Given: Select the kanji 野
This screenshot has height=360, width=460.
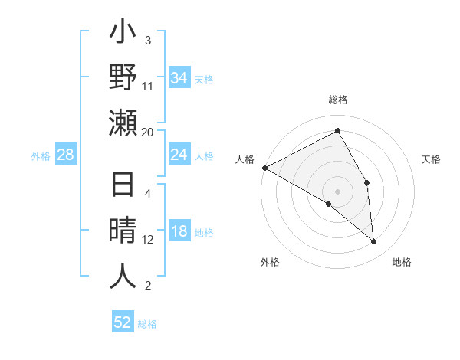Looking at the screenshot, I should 123,78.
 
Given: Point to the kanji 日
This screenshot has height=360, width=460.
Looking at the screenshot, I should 123,185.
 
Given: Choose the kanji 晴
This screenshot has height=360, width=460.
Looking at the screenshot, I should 123,231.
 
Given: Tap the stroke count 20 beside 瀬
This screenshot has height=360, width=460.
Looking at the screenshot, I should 148,132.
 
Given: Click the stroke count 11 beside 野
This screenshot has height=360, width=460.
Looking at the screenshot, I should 148,86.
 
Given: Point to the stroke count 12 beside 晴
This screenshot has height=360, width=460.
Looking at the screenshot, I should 148,240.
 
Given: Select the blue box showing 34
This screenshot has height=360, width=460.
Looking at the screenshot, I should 179,78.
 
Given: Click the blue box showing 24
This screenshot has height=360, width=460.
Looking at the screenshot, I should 179,155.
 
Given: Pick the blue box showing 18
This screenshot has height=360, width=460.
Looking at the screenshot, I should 179,232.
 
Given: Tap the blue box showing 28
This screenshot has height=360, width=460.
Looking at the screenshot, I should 66,155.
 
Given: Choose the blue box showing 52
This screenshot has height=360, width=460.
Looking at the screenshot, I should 123,322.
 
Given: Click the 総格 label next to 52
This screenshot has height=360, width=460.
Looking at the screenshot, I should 147,324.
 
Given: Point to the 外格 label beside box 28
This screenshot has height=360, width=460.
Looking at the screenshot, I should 41,156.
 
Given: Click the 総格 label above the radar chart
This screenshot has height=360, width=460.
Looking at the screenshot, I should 337,100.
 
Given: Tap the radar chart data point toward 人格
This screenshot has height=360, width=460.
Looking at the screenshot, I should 264,167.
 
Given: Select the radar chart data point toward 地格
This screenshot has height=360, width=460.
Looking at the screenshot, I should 373,242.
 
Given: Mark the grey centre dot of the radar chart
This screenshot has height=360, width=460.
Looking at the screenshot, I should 337,191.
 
